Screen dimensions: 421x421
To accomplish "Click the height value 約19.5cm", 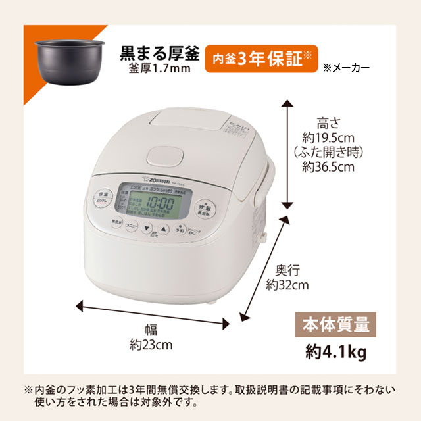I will (x=328, y=138).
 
